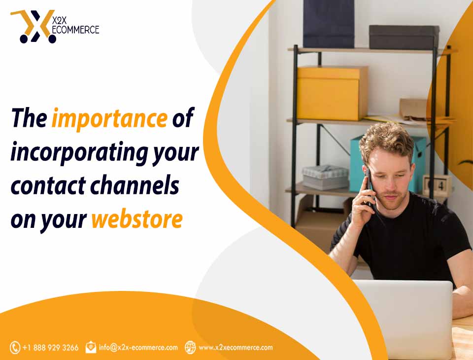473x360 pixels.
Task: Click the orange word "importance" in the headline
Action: pos(109,118)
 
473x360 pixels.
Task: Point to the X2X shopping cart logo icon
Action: pos(34,27)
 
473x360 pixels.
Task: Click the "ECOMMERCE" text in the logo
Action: pos(75,30)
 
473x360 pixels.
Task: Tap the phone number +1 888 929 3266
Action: pos(50,348)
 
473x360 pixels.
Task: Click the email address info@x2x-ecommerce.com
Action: pos(138,347)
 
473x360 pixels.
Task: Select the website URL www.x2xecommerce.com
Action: pos(236,348)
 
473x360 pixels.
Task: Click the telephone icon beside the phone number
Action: pos(15,348)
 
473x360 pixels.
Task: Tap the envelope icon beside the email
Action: pos(91,347)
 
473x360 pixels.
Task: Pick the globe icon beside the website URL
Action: pos(190,347)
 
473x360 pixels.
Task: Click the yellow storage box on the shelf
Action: pos(333,93)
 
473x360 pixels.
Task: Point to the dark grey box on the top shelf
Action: pos(404,37)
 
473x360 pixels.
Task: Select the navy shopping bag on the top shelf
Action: pos(329,24)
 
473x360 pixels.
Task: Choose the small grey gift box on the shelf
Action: pos(326,178)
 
